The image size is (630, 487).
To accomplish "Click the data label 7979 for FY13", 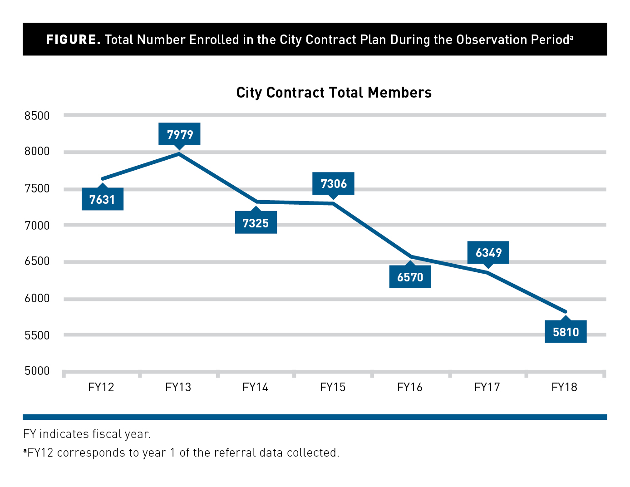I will (180, 134).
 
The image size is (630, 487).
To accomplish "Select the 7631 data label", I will (102, 199).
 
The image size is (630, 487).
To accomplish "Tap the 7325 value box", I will (256, 223).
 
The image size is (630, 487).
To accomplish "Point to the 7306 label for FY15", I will (333, 183).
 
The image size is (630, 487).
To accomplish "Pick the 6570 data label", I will (410, 277).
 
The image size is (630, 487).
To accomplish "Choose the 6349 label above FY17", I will (488, 252).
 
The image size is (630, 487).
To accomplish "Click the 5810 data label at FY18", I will (566, 332).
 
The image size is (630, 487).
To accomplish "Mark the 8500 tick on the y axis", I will (37, 116).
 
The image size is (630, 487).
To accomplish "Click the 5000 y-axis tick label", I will (37, 371).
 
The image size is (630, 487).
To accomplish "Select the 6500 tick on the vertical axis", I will (37, 261).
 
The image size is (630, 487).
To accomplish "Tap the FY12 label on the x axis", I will (101, 387).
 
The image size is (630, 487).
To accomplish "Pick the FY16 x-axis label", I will (410, 387).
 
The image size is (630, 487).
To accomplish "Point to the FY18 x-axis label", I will (564, 387).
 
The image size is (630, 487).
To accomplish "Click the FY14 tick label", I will (256, 387).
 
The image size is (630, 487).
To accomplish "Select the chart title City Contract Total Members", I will (334, 93).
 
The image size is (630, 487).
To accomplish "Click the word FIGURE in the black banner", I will (73, 39).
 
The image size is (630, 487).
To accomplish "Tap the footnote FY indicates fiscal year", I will (87, 434).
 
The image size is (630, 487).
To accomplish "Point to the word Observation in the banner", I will (485, 39).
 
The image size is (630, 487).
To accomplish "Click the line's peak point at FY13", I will (179, 154).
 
